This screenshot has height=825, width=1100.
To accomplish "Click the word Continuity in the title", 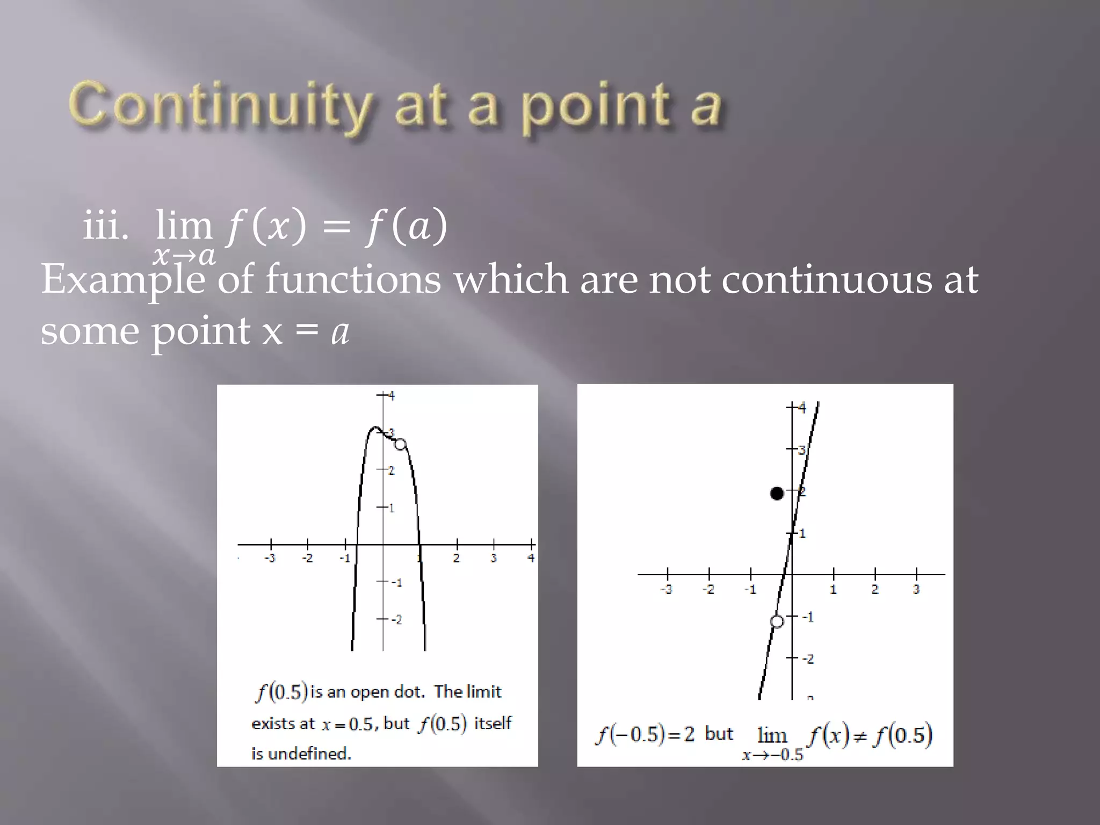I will click(x=220, y=105).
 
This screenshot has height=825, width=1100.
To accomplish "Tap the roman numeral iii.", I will click(x=106, y=226).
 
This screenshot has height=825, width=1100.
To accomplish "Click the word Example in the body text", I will click(x=122, y=280).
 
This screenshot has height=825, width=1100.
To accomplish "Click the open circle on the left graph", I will click(x=400, y=444).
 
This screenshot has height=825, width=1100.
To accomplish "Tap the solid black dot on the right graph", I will click(x=777, y=493).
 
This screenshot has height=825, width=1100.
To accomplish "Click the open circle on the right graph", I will click(x=777, y=621).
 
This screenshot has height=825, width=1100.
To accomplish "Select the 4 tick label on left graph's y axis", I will click(x=392, y=396).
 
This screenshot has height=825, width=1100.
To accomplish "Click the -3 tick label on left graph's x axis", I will click(x=270, y=559).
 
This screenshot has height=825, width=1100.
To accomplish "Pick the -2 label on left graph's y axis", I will click(x=396, y=620).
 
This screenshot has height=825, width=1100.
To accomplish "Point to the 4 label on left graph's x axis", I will click(x=531, y=558).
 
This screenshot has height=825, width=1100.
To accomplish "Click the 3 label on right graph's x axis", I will click(x=916, y=590).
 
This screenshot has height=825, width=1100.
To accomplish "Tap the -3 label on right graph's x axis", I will click(x=666, y=590).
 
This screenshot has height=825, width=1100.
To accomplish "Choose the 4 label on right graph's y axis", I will click(x=802, y=408).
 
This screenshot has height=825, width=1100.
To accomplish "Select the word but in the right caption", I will click(x=719, y=734).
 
